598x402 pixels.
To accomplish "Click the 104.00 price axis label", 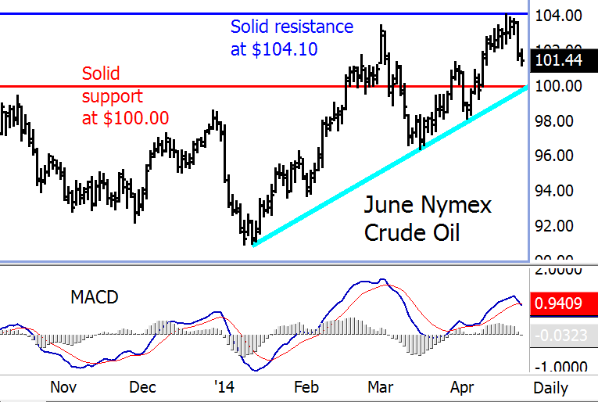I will click(x=560, y=16).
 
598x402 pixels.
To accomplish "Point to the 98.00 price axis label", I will click(x=560, y=120).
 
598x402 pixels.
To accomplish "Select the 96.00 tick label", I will click(x=560, y=156).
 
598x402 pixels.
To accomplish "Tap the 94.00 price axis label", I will click(x=560, y=191).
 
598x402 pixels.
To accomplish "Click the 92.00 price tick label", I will click(x=560, y=226).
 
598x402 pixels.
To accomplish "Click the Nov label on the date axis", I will click(x=63, y=387).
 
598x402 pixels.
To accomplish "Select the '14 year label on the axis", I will click(x=224, y=387).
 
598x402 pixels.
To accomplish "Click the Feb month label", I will click(x=306, y=387).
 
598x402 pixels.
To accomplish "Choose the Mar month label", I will click(x=381, y=387).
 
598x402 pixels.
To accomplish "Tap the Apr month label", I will click(x=461, y=387).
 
